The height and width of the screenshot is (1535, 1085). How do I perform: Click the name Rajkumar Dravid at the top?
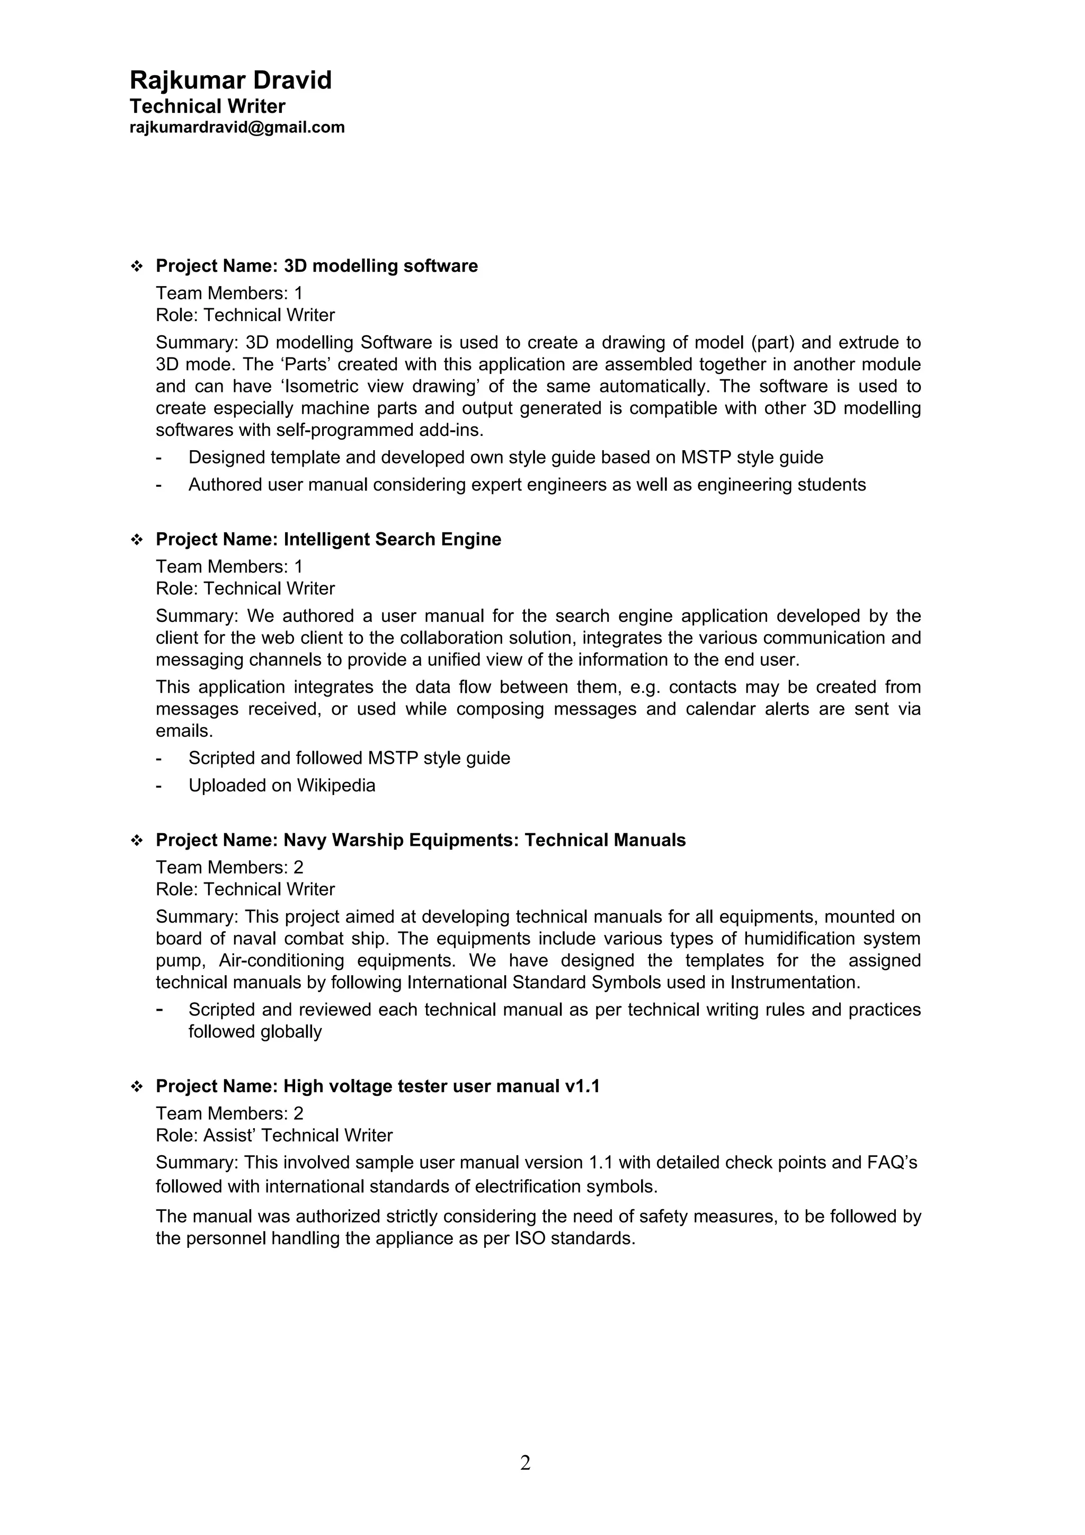[x=230, y=80]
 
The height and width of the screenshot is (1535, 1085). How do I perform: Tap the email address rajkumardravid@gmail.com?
[x=237, y=127]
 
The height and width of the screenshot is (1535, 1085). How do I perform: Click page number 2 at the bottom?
[x=525, y=1463]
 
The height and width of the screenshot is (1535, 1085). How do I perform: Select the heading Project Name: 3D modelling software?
[x=316, y=266]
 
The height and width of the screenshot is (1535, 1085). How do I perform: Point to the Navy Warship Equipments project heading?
[x=421, y=841]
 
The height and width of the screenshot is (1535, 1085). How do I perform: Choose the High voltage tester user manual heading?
[x=377, y=1086]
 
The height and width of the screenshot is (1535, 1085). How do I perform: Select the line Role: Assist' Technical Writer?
[x=273, y=1135]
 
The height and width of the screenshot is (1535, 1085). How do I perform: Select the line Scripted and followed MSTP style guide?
[x=349, y=758]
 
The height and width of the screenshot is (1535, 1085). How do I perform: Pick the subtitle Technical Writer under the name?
[x=207, y=106]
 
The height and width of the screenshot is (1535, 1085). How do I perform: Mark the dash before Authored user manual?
[x=158, y=485]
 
